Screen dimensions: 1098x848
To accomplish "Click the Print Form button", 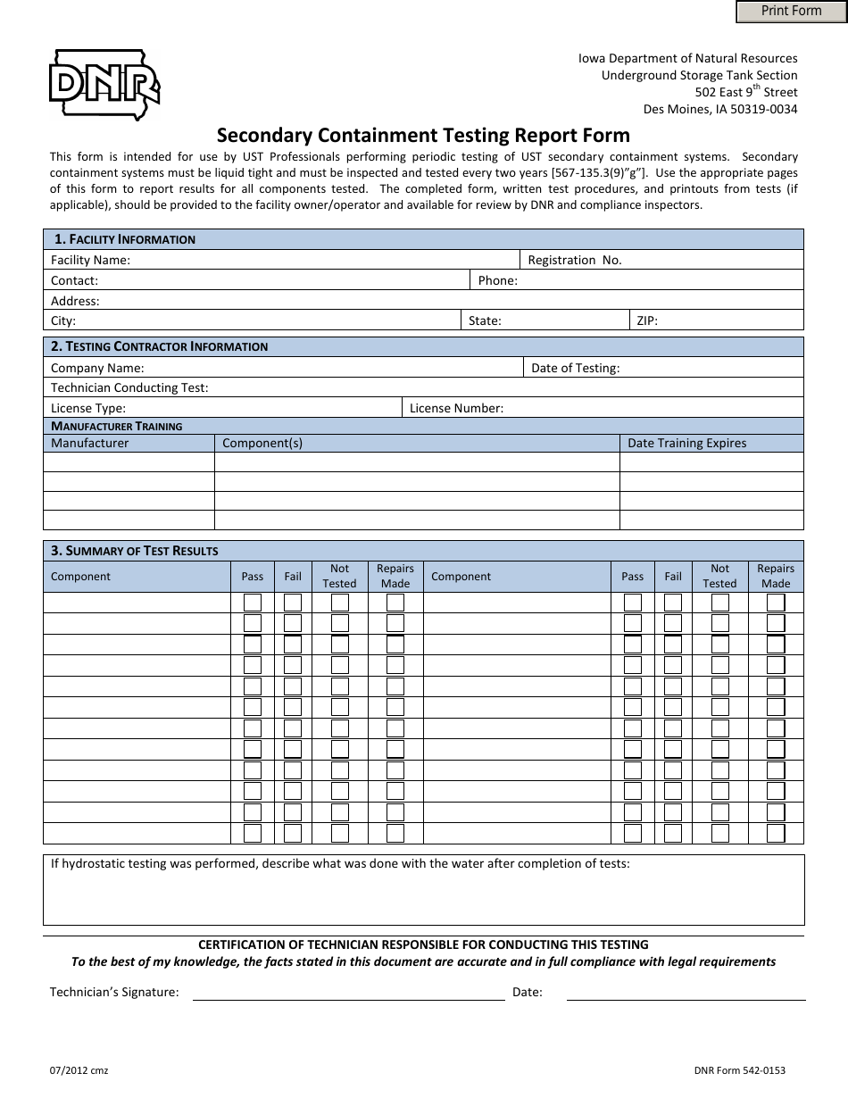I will pyautogui.click(x=791, y=11).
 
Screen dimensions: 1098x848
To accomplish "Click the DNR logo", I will pyautogui.click(x=105, y=86).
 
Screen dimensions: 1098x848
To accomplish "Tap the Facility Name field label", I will pyautogui.click(x=90, y=260).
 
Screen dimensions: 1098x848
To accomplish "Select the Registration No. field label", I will pyautogui.click(x=575, y=260).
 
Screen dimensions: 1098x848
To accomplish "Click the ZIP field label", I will pyautogui.click(x=647, y=320).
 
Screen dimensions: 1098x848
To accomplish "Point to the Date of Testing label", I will pyautogui.click(x=575, y=367).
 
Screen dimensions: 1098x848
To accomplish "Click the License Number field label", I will pyautogui.click(x=456, y=408).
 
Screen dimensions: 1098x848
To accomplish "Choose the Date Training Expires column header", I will pyautogui.click(x=686, y=443).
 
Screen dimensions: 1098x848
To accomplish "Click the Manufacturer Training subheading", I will pyautogui.click(x=116, y=426).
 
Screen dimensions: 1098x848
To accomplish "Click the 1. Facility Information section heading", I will pyautogui.click(x=124, y=239).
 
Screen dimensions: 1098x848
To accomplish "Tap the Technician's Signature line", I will pyautogui.click(x=348, y=992).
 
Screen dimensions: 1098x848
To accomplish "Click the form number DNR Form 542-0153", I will pyautogui.click(x=739, y=1070).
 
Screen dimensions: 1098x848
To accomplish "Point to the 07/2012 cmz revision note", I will pyautogui.click(x=79, y=1070).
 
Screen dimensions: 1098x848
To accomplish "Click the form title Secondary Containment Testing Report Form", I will pyautogui.click(x=424, y=136).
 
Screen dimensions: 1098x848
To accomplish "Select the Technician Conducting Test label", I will pyautogui.click(x=129, y=387).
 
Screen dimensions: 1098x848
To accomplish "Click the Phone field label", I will pyautogui.click(x=497, y=280).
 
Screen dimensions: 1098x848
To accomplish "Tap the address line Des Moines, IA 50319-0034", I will pyautogui.click(x=720, y=109).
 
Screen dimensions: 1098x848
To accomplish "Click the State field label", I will pyautogui.click(x=485, y=320).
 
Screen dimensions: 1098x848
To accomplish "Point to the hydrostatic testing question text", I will pyautogui.click(x=339, y=864).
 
